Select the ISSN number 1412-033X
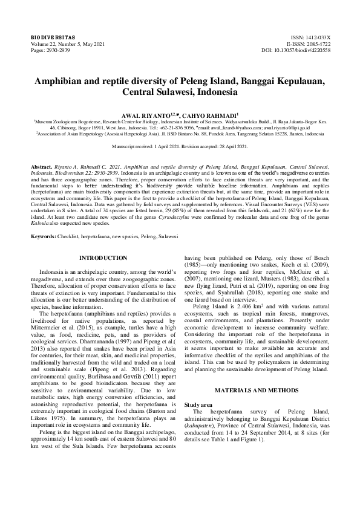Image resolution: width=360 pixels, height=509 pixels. point(316,38)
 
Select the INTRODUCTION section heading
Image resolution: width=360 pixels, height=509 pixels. point(103,275)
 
